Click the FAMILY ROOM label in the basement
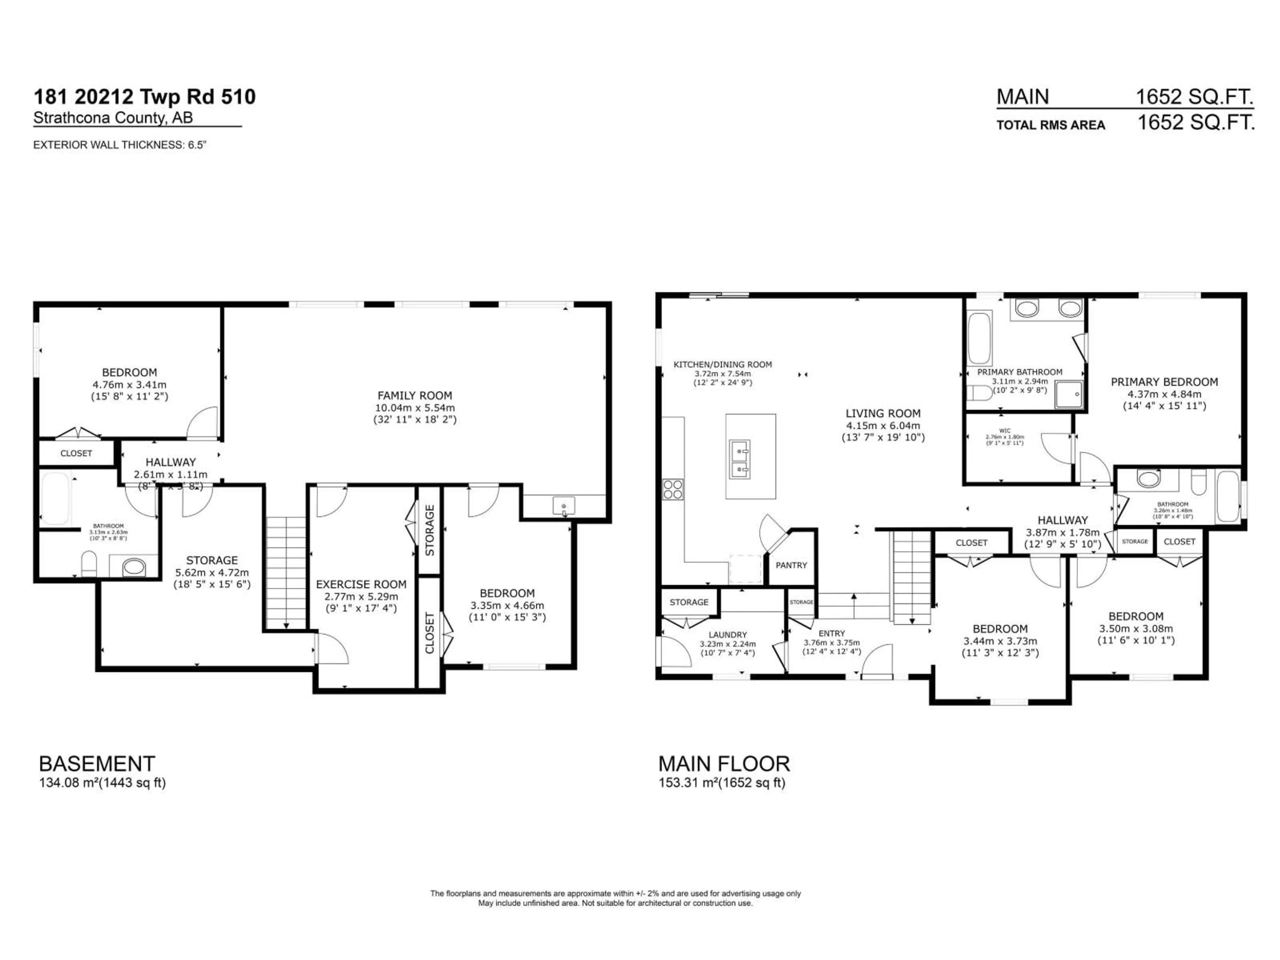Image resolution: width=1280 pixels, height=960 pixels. point(414,396)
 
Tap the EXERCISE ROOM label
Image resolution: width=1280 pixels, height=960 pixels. point(361,584)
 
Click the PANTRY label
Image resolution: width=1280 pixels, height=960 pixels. point(791,565)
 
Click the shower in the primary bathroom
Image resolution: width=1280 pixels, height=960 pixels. point(1068,395)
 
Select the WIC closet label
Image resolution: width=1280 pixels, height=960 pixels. point(1005,431)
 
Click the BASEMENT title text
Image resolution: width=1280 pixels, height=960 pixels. point(97,764)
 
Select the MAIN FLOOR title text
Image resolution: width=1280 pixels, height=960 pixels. point(724,764)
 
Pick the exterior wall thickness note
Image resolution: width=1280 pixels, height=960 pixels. point(119,145)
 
